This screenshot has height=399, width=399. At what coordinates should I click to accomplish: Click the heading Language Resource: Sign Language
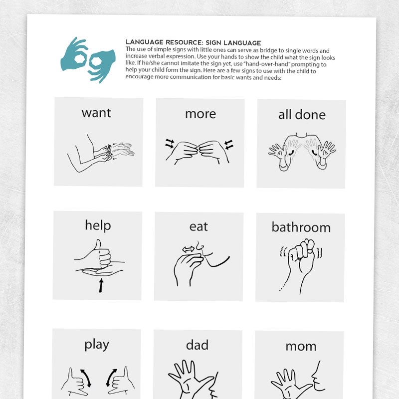point(193,42)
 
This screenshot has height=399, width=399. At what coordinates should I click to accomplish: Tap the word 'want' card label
point(96,113)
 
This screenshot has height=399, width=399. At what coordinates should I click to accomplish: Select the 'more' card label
point(200,114)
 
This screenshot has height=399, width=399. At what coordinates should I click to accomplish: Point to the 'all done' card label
point(302,114)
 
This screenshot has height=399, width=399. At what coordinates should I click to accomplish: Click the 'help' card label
point(98,225)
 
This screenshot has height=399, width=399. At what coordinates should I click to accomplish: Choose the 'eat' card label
point(199,226)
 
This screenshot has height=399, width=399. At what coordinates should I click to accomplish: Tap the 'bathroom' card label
point(301,227)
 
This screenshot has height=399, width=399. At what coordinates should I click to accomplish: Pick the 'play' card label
point(97,344)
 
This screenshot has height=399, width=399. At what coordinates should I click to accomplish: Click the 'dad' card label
point(197,345)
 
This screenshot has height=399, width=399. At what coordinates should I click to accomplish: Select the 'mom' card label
point(301,346)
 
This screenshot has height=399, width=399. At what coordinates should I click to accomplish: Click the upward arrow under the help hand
point(101,285)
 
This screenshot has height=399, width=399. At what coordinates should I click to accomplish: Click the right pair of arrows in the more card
point(229,144)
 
